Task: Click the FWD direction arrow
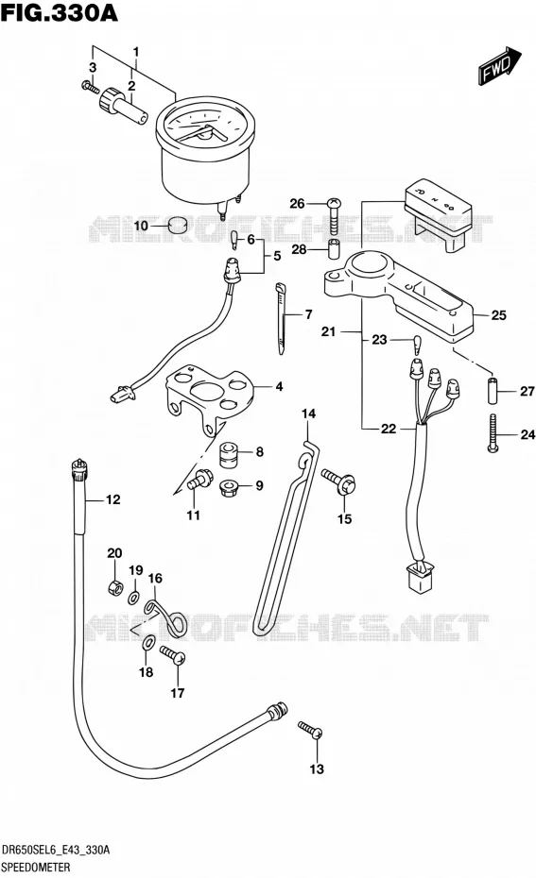pos(499,65)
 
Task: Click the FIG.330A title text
pos(60,12)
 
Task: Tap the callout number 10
pos(141,226)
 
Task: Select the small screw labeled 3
pos(90,88)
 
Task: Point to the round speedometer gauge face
pos(205,129)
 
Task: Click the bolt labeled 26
pos(334,215)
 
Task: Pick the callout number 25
pos(498,315)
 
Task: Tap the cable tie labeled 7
pos(281,319)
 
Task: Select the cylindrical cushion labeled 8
pos(228,454)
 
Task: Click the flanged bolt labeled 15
pos(338,481)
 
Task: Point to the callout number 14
pos(308,414)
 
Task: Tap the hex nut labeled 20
pos(114,588)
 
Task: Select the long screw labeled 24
pos(493,432)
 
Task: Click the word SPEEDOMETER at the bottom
pos(36,868)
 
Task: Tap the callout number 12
pos(113,499)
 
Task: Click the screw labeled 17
pos(173,654)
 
